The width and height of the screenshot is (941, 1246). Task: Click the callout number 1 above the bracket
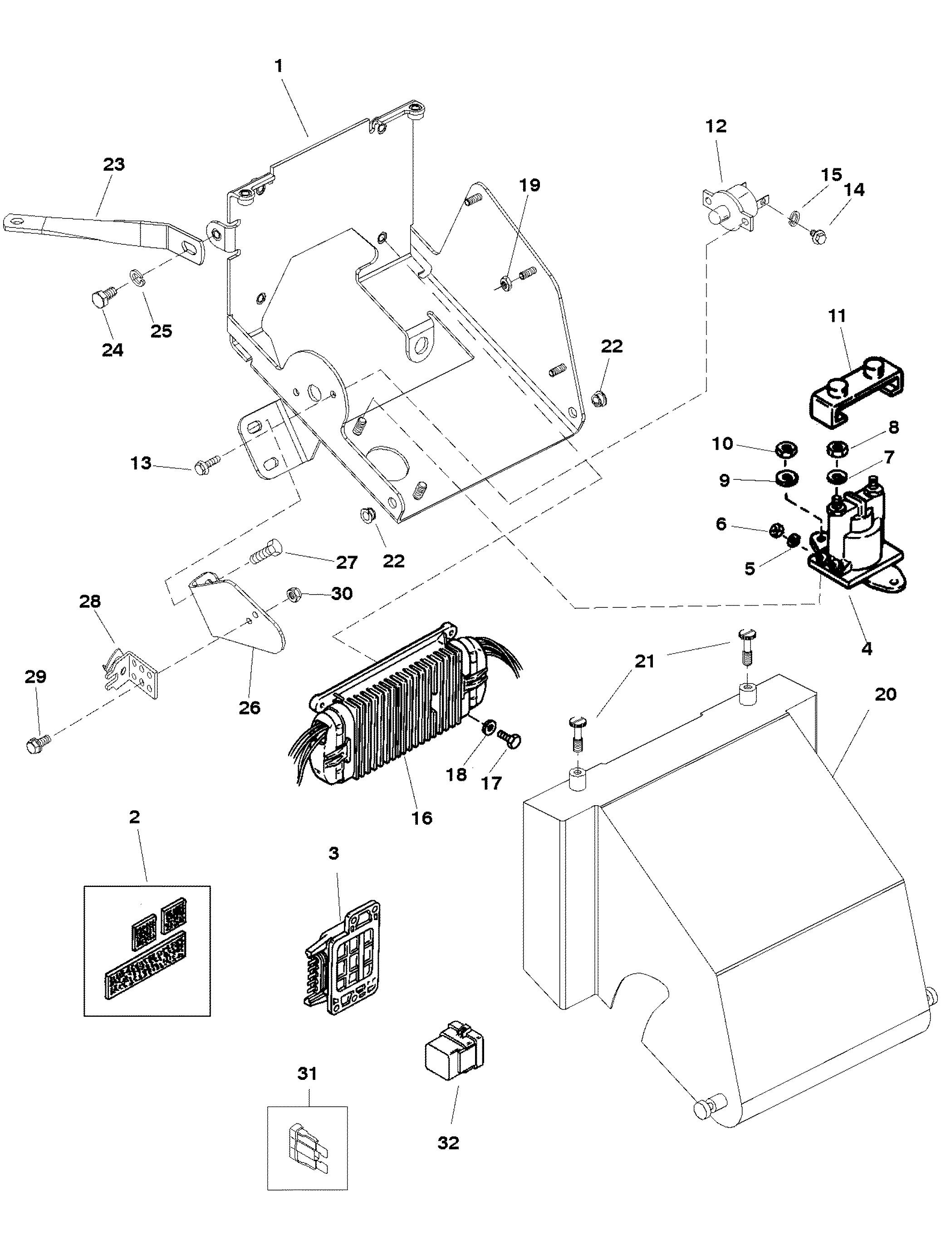[278, 66]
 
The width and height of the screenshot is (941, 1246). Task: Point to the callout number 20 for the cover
[885, 694]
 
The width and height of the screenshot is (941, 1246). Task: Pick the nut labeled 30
[293, 593]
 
